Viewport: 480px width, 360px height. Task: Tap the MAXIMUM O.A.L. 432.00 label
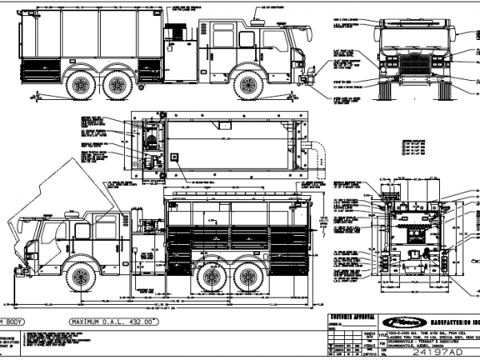[x=111, y=321]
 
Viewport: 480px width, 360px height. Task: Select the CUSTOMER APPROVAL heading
[x=353, y=319]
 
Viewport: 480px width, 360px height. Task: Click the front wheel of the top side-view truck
[x=250, y=84]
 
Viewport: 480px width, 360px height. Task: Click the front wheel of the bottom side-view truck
[x=81, y=277]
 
